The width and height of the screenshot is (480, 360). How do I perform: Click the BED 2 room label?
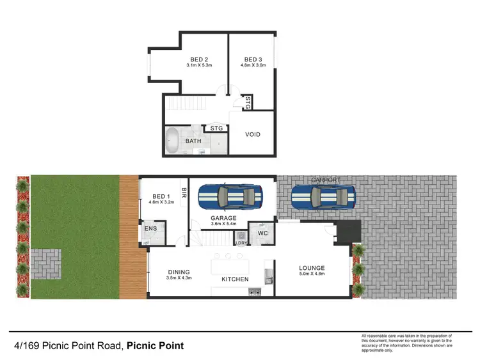200,59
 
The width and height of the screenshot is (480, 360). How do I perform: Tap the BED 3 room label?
253,59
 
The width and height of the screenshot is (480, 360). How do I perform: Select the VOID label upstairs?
253,134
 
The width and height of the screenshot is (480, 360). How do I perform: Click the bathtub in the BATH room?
172,141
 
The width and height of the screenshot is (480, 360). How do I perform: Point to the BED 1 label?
161,197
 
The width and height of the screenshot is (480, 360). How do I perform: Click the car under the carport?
323,197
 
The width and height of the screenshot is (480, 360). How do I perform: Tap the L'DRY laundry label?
242,243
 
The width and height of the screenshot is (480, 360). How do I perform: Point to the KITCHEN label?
235,280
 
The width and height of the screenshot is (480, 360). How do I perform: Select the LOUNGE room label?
312,268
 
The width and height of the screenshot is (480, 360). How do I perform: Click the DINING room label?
179,272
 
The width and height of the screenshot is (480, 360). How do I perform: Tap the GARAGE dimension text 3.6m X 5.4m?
224,224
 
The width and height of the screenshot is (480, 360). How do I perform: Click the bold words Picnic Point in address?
155,346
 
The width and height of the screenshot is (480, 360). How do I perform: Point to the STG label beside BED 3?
248,102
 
